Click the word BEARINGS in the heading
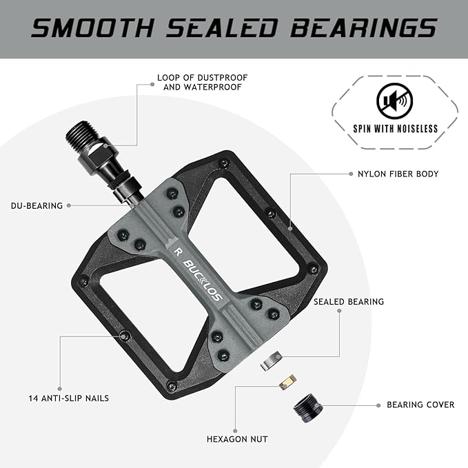pos(363,28)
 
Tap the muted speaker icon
pos(395,103)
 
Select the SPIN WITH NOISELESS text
pos(395,128)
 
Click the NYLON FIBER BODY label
pos(398,174)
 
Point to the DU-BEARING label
pos(37,205)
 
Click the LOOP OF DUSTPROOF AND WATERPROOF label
pos(202,83)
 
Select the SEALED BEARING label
pos(349,302)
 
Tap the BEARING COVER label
pos(420,405)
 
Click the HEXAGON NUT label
pos(237,439)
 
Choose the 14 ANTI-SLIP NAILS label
pos(69,398)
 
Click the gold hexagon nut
pos(287,380)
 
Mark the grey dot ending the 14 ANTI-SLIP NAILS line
pos(60,389)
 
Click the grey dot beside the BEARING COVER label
pos(378,405)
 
